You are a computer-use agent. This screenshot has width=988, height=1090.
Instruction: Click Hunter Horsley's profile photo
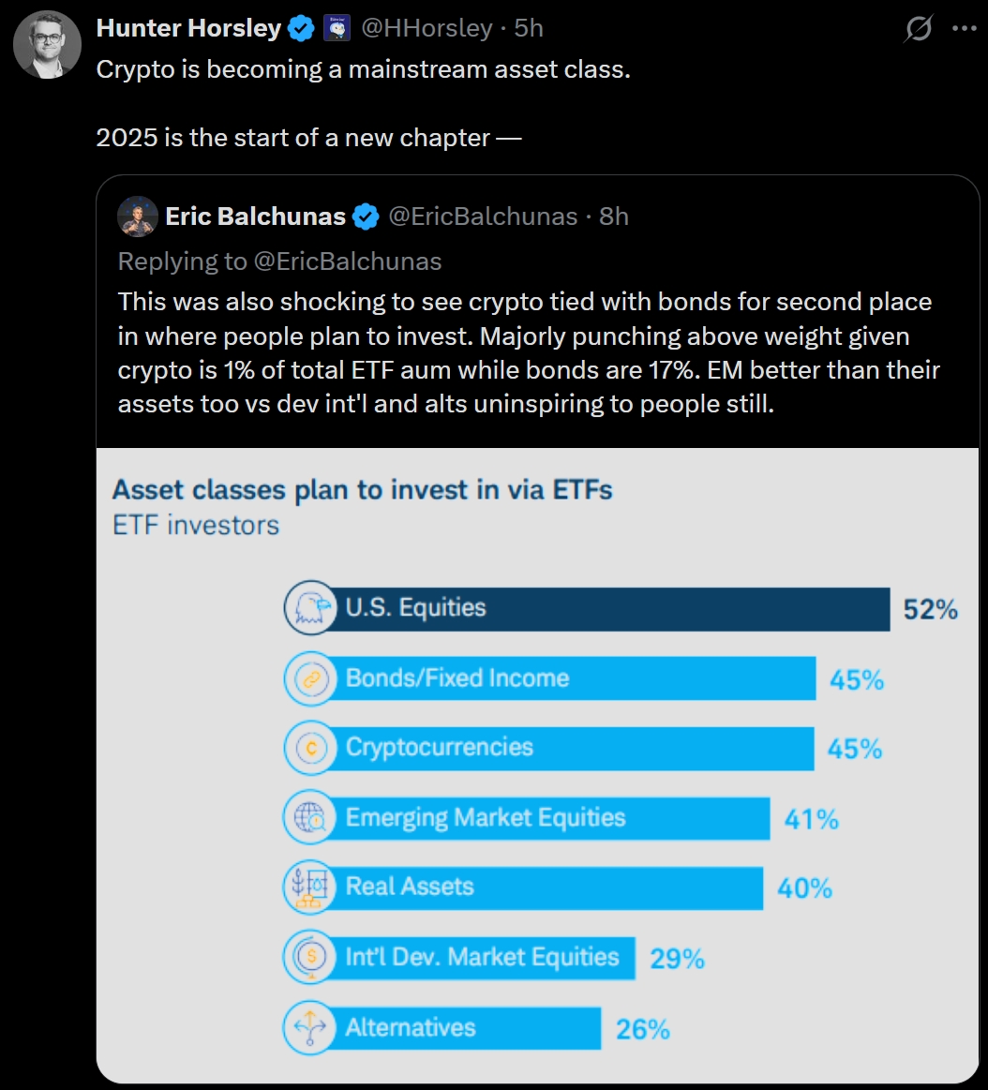(46, 43)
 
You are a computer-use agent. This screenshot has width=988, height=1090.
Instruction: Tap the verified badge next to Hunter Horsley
(301, 29)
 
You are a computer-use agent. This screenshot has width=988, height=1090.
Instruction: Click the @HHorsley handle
(427, 29)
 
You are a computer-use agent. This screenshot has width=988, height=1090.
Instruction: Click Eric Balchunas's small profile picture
(137, 217)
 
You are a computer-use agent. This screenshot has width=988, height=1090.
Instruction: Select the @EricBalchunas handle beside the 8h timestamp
(482, 217)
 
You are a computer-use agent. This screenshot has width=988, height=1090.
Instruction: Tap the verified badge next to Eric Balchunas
(366, 217)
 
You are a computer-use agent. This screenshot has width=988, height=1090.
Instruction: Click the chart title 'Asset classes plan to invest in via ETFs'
(362, 489)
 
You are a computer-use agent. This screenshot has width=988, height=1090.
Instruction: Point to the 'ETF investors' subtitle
(196, 525)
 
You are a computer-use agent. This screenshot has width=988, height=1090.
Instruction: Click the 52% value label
(930, 610)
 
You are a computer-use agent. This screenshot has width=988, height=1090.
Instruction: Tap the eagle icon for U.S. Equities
(309, 608)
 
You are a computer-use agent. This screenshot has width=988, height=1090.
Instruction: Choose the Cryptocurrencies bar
(572, 748)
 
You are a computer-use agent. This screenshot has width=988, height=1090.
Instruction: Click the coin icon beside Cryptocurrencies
(309, 748)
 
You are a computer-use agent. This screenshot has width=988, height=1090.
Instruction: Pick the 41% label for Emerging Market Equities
(811, 819)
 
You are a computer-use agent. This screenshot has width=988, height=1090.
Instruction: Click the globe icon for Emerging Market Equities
(309, 818)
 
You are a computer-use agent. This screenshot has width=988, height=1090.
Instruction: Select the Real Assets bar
(544, 888)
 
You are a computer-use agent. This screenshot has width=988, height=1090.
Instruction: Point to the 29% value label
(677, 959)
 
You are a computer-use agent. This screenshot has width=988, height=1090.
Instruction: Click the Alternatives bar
(469, 1028)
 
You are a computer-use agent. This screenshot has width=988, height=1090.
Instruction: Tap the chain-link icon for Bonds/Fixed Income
(309, 679)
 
